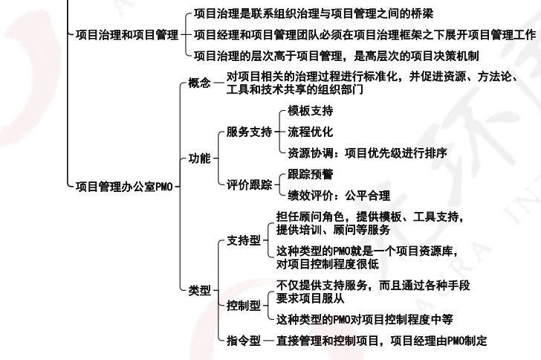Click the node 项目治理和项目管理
coord(127,34)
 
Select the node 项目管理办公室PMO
coord(124,186)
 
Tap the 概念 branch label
coord(200,83)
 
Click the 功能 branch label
coord(200,158)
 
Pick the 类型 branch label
coord(200,290)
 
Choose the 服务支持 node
coord(250,132)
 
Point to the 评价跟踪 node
coord(250,185)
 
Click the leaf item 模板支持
coord(310,112)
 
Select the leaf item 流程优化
coord(310,132)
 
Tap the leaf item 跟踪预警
coord(310,175)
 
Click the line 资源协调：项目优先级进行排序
coord(367,153)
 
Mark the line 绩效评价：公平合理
coord(338,196)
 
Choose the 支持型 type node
coord(244,241)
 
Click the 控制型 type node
coord(244,305)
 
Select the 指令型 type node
coord(244,341)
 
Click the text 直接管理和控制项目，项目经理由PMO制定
coord(382,341)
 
